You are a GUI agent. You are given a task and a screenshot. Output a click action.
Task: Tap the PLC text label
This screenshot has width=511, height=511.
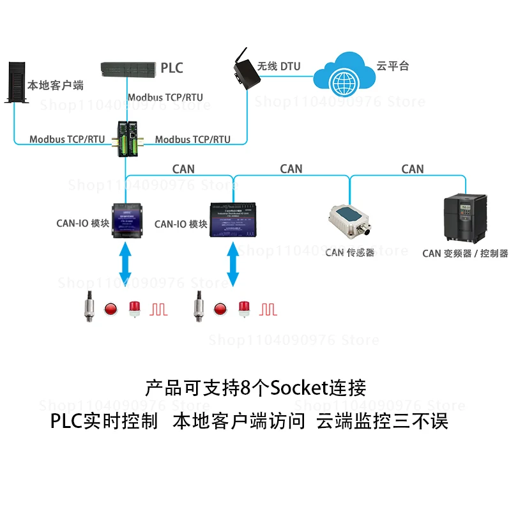click(172, 68)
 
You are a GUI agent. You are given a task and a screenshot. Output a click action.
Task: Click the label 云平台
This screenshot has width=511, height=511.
click(392, 66)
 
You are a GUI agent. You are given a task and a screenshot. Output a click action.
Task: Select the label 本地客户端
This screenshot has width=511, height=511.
click(55, 85)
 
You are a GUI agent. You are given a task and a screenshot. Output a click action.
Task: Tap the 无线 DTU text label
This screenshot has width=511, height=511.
click(278, 66)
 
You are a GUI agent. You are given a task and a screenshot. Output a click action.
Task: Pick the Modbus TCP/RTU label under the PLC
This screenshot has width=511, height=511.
click(165, 97)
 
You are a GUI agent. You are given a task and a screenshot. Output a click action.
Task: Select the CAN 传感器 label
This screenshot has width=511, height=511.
click(349, 253)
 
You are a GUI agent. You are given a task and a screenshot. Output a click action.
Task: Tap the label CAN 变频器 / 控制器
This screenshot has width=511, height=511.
click(465, 254)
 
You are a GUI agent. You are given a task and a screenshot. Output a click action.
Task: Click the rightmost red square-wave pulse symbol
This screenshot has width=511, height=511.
click(268, 310)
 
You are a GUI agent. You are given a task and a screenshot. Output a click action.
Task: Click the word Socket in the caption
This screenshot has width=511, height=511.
click(297, 388)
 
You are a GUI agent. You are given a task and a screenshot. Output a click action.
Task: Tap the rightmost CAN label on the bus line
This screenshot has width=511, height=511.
click(412, 169)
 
